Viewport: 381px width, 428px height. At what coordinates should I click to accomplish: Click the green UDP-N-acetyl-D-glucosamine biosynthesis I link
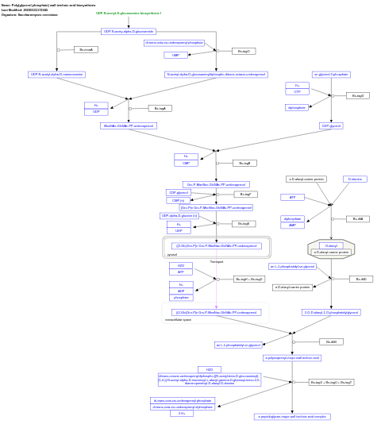(x=129, y=13)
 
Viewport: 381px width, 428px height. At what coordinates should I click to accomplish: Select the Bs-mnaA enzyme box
(x=86, y=49)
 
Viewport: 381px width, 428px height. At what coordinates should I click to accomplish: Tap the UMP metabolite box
(x=175, y=56)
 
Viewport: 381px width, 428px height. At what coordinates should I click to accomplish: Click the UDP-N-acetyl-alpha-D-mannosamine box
(x=57, y=75)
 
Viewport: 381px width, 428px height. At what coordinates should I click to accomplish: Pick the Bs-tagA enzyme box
(x=160, y=108)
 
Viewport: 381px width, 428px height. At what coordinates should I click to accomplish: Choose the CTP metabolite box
(x=297, y=92)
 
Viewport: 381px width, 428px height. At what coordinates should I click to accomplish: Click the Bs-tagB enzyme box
(x=244, y=163)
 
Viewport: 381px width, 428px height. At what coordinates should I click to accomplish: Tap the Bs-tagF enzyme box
(x=245, y=194)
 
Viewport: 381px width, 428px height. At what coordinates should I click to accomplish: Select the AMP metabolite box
(x=292, y=226)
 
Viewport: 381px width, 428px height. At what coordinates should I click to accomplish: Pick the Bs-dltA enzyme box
(x=357, y=219)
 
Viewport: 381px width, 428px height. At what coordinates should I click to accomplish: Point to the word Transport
(x=217, y=261)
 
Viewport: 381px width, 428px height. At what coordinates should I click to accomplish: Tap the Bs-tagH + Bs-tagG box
(x=248, y=280)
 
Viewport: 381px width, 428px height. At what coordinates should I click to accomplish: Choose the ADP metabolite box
(x=180, y=291)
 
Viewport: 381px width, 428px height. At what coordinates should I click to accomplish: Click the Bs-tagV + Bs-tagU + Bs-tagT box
(x=331, y=382)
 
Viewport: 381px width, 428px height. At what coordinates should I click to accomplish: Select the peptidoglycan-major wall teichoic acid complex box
(x=292, y=416)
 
